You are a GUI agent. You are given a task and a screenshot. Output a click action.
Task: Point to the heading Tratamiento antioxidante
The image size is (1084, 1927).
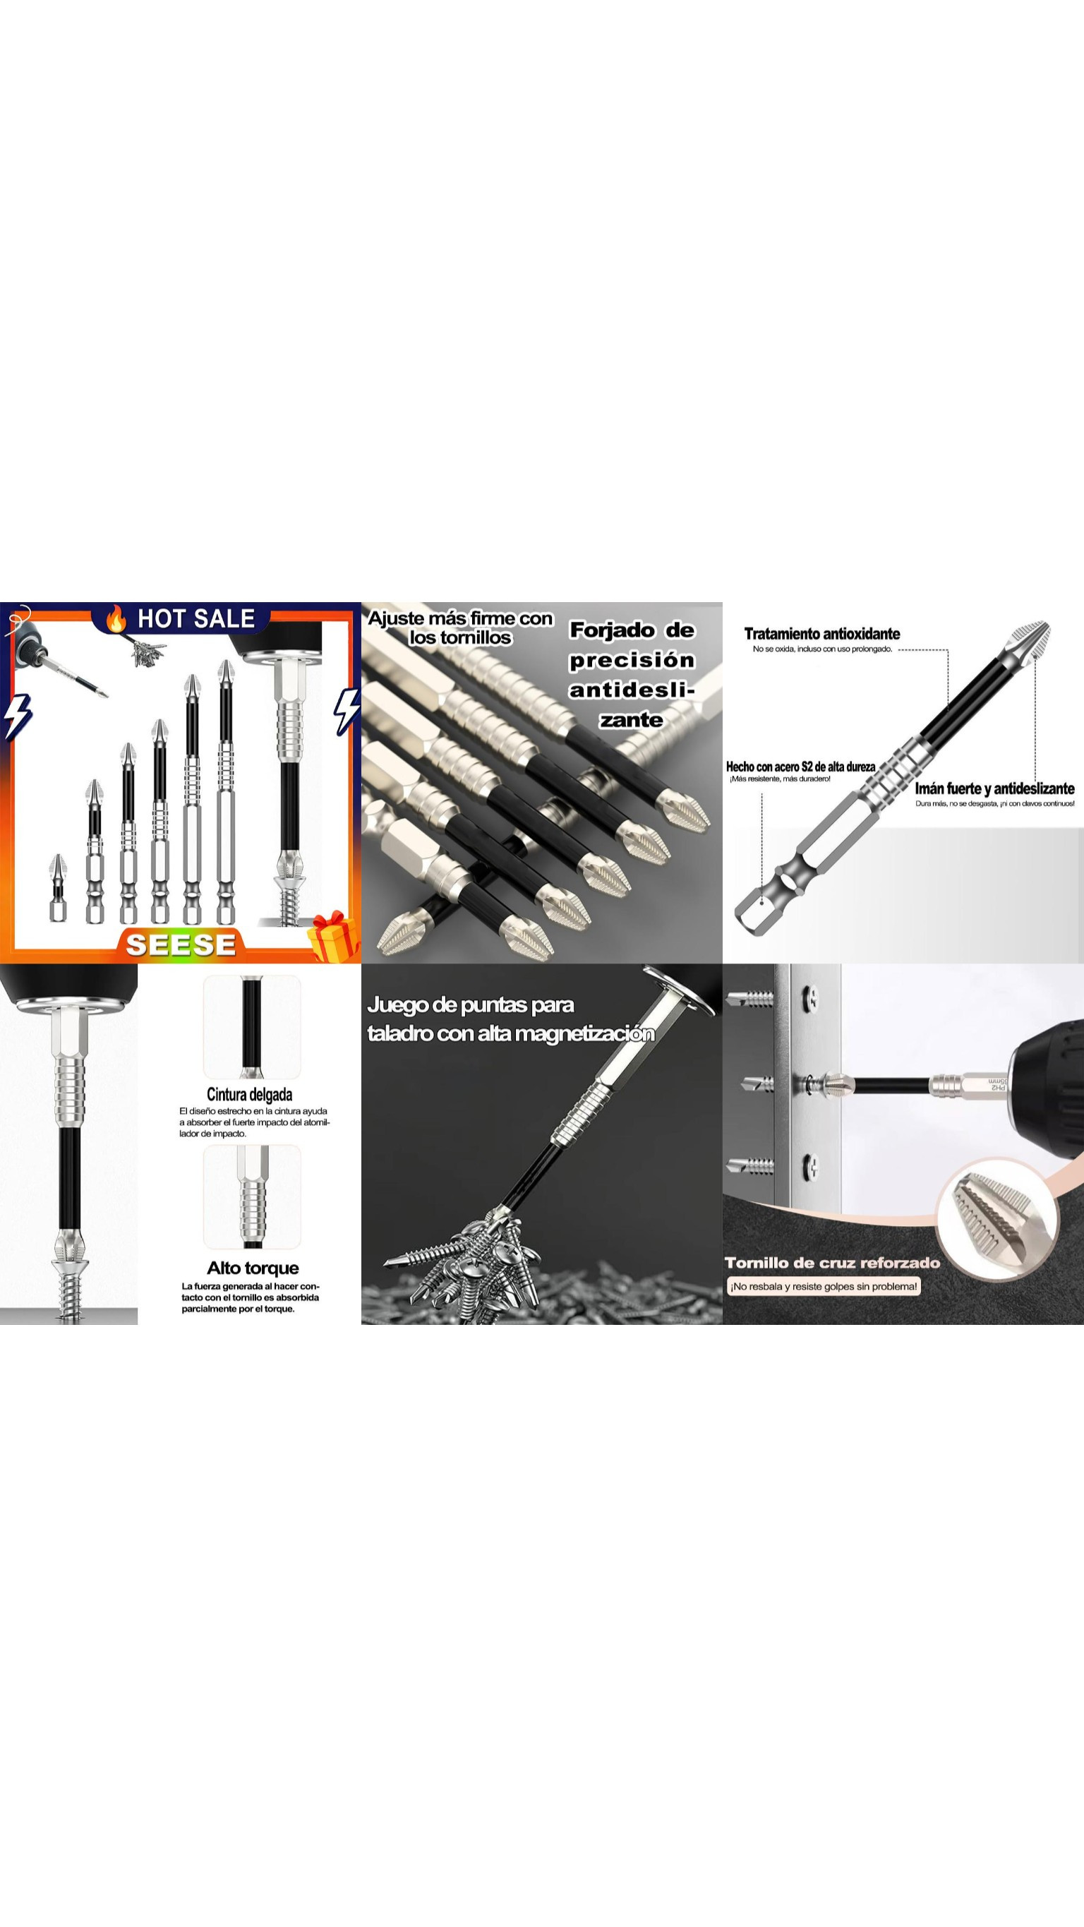coord(821,634)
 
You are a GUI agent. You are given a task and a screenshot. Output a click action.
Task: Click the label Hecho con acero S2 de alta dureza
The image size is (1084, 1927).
coord(800,767)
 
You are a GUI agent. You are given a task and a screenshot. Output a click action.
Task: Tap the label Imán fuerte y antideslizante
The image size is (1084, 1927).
coord(994,788)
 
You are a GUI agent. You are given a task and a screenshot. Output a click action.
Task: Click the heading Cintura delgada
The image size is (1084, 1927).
coord(249,1094)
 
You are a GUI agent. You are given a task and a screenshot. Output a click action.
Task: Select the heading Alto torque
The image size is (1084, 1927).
coord(253,1268)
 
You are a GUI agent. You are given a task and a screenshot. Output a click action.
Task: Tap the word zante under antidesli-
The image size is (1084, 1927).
coord(632,720)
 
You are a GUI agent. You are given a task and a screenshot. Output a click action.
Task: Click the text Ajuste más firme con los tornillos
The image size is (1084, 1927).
coord(460,628)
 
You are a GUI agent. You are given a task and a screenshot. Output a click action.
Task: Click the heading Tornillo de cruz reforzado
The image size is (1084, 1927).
coord(832,1263)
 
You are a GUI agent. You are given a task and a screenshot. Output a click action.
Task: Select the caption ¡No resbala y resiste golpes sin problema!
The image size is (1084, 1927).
coord(824,1287)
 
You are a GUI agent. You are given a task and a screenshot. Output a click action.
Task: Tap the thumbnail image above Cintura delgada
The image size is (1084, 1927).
coord(252,1026)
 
